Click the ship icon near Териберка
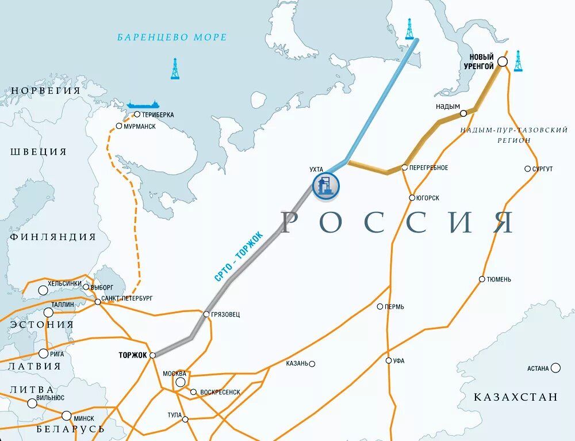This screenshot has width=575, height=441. (x=143, y=105)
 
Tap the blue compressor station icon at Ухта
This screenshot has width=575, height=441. (x=325, y=186)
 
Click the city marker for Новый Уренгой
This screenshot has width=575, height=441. (x=502, y=62)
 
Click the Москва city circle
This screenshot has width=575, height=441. (x=181, y=382)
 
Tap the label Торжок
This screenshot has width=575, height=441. (x=133, y=355)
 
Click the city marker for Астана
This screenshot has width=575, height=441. (x=555, y=368)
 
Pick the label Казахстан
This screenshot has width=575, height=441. (x=515, y=397)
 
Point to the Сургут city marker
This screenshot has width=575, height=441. (x=527, y=169)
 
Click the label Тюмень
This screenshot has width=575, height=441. (x=499, y=279)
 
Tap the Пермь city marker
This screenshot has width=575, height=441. (x=380, y=306)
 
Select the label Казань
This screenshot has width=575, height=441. (x=297, y=364)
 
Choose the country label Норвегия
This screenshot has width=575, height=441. (x=45, y=90)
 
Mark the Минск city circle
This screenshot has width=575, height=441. (x=67, y=416)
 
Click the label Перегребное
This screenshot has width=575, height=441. (x=428, y=168)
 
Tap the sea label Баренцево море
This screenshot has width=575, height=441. (x=172, y=37)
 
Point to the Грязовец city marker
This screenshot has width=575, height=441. (x=206, y=314)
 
